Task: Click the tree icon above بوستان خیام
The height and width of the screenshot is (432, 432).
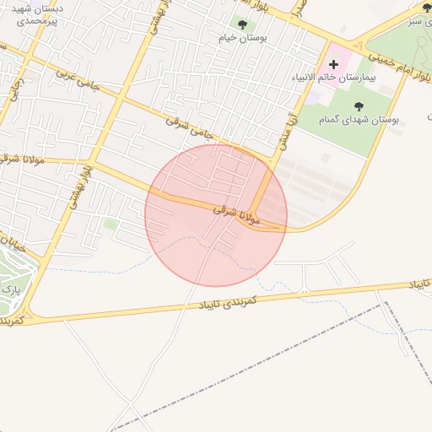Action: click(243, 24)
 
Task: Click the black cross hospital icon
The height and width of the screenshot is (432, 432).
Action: click(333, 64)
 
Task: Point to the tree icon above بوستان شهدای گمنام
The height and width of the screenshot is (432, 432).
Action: click(359, 106)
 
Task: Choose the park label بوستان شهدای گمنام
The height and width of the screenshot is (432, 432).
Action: click(359, 121)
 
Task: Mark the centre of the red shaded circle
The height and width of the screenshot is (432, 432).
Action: click(216, 215)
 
